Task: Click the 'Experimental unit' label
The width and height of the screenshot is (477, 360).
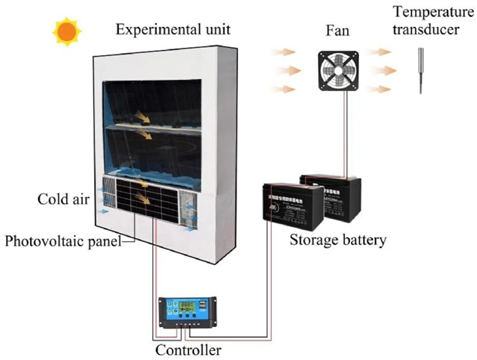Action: [173, 31]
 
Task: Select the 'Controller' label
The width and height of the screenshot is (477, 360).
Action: [188, 349]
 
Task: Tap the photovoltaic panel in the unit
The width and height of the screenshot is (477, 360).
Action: [147, 199]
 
